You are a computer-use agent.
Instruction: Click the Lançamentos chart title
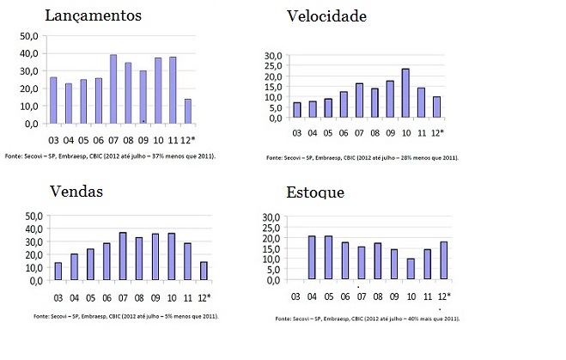pos(92,15)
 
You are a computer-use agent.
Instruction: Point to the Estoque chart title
pos(317,192)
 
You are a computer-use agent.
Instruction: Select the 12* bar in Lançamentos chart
pos(188,111)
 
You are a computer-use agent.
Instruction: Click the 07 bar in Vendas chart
pos(123,256)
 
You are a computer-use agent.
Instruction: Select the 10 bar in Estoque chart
pos(411,269)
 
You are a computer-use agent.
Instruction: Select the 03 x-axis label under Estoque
pos(297,297)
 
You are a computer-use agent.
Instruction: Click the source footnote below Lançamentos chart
pos(109,156)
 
